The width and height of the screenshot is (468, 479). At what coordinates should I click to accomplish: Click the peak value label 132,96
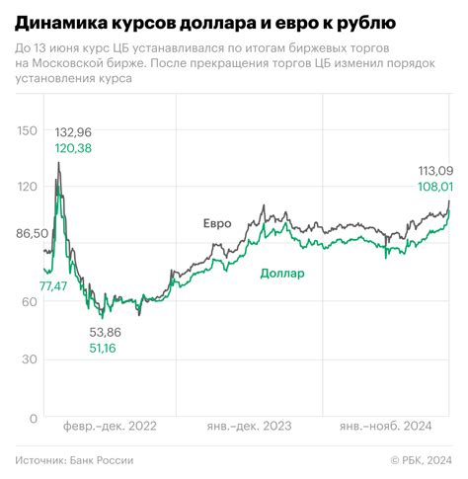[x=75, y=132]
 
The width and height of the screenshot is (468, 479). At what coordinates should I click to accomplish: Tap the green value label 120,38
[x=75, y=148]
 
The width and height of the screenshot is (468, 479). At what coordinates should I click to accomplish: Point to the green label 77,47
[x=53, y=285]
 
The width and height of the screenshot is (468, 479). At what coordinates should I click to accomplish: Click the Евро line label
[x=217, y=223]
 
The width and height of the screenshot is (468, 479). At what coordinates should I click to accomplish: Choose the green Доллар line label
[x=282, y=274]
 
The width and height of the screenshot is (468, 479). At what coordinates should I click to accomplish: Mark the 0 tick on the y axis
[x=34, y=419]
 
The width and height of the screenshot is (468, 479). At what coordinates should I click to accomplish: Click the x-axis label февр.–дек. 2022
[x=110, y=427]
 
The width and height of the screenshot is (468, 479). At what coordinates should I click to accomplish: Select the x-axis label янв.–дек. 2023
[x=247, y=427]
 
